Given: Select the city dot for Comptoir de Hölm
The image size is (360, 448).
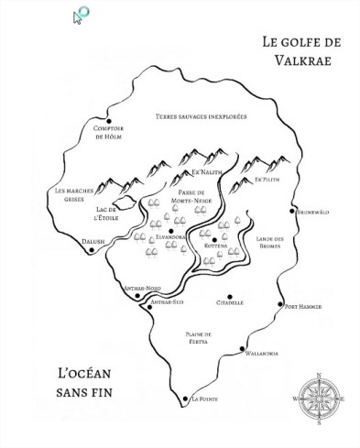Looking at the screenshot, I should pyautogui.click(x=109, y=122).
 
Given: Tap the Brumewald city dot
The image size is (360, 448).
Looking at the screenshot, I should pyautogui.click(x=293, y=211).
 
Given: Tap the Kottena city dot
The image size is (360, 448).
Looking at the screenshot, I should pyautogui.click(x=215, y=240).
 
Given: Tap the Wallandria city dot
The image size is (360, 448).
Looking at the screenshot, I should pyautogui.click(x=243, y=350).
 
